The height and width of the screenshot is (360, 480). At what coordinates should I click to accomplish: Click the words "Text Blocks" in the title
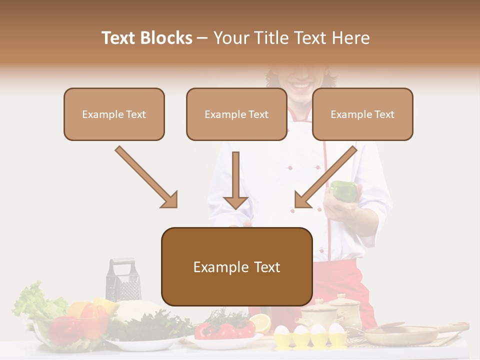point(146,38)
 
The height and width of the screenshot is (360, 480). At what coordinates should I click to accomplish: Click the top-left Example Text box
point(114,114)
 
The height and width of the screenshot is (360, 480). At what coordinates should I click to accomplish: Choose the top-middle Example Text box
point(236,114)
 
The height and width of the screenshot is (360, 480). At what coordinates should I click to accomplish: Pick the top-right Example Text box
point(362,114)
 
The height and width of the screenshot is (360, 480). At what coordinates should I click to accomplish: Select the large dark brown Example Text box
point(236,266)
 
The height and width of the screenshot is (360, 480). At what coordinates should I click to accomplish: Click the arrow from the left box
point(146,177)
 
